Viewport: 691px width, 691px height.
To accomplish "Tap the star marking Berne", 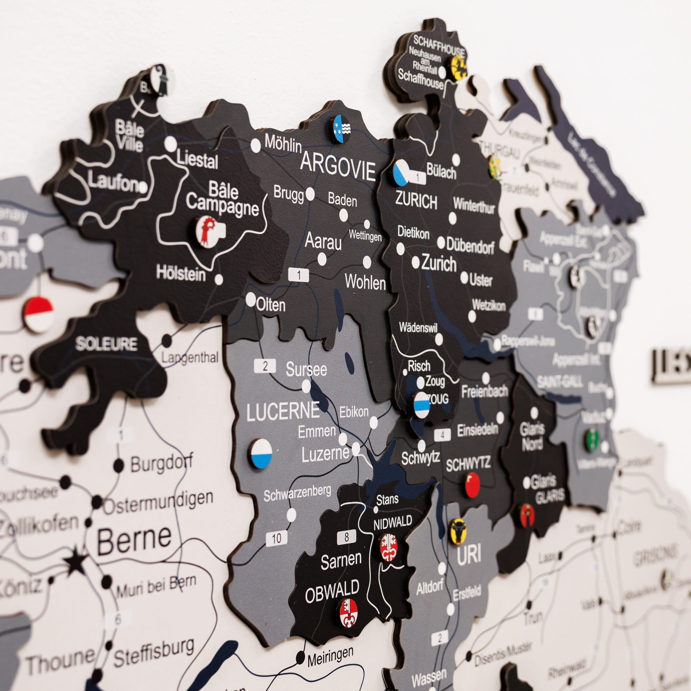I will pyautogui.click(x=76, y=561).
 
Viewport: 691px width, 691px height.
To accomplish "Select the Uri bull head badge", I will pyautogui.click(x=458, y=531).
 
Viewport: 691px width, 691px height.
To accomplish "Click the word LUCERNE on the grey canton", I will pyautogui.click(x=283, y=411).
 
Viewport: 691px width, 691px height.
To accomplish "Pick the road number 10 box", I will pyautogui.click(x=276, y=538).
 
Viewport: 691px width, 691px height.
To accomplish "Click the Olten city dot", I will pyautogui.click(x=251, y=299).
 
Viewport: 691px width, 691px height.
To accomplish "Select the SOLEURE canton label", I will pyautogui.click(x=106, y=344).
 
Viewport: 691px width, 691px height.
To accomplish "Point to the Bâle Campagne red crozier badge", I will pyautogui.click(x=207, y=231).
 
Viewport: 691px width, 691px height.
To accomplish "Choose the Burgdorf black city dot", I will pyautogui.click(x=119, y=465).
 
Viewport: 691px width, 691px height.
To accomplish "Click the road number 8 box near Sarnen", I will pyautogui.click(x=346, y=537).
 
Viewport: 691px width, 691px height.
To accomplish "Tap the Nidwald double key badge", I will pyautogui.click(x=388, y=547).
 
